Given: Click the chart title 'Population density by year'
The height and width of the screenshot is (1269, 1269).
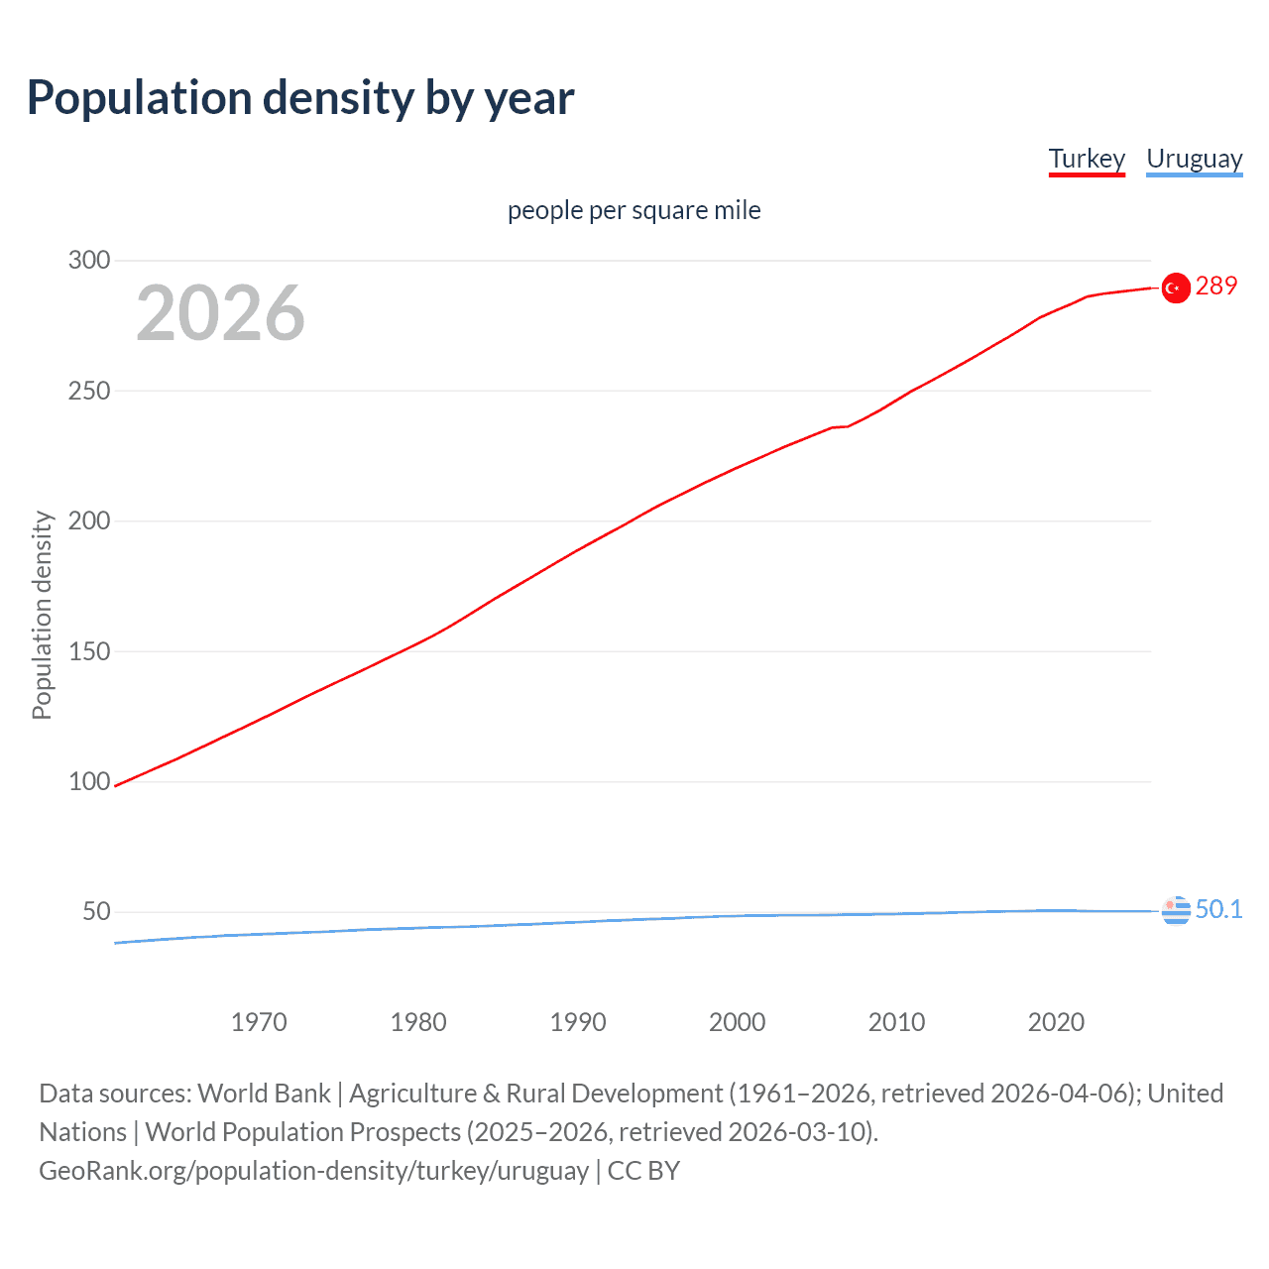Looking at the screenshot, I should coord(300,98).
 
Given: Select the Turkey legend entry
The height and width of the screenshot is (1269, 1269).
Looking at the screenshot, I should coord(1087,159).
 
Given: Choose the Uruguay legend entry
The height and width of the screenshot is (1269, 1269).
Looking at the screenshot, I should coord(1194,159).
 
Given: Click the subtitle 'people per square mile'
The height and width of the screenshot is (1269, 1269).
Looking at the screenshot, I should coord(634,210).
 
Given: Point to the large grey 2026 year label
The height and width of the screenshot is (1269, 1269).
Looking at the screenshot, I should coord(220,313).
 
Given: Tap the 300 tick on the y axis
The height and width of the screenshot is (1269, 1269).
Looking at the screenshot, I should coord(89,261).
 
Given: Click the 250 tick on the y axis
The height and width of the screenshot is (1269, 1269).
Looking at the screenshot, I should coord(89,391).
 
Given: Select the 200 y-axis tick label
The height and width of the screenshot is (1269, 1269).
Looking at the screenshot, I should coord(89,521).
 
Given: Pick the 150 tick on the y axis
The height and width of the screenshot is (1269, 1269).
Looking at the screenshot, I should coord(89,651).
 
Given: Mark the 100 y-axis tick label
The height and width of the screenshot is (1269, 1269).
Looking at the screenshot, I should coord(89,781).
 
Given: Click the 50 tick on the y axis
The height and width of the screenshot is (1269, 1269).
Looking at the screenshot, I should coord(96,912).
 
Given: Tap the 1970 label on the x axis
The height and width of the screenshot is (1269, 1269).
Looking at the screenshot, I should coord(259,1022).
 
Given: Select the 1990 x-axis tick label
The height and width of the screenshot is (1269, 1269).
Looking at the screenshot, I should coord(578,1022).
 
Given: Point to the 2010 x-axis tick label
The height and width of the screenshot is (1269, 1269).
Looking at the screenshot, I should coord(896,1022).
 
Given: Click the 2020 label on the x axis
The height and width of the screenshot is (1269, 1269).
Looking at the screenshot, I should coord(1056,1022).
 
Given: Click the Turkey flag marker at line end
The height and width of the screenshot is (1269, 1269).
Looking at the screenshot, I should coord(1176,288).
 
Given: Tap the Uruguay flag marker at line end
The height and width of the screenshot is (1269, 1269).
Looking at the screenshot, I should coord(1176,910).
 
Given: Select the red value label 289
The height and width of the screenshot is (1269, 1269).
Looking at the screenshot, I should coord(1216,287).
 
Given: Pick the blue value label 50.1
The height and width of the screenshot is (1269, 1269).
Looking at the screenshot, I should coord(1218,909).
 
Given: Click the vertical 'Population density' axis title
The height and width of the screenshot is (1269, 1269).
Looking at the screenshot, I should coord(42,615).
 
